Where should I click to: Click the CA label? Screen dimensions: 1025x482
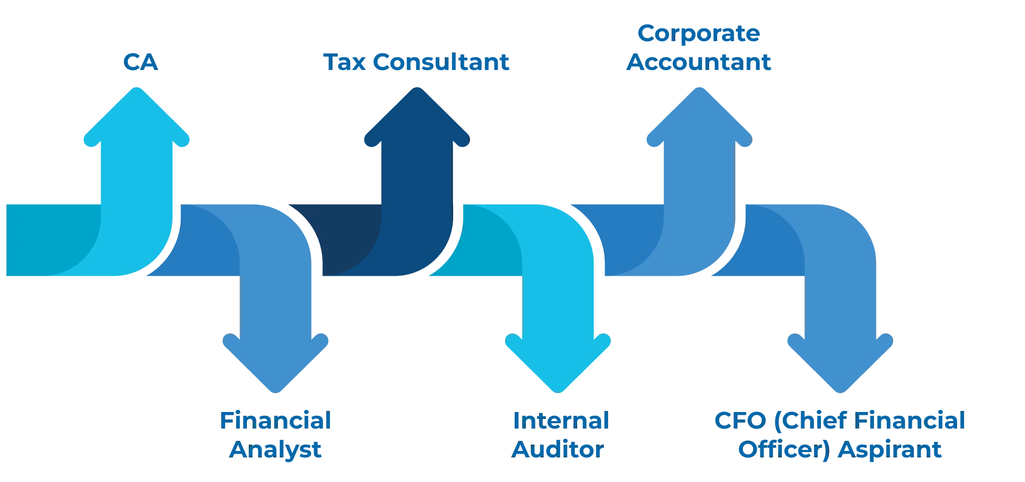coord(141,62)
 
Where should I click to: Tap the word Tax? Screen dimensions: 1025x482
coord(345,62)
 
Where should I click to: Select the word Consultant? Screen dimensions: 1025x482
coord(441,62)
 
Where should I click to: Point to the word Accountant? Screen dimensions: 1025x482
coord(698,62)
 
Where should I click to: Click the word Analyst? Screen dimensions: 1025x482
coord(275,450)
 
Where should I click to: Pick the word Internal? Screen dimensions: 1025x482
coord(561,421)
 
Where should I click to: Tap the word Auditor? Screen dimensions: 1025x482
coord(558,449)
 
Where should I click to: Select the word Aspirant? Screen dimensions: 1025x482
coord(889,450)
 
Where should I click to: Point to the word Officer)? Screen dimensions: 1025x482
coord(785,450)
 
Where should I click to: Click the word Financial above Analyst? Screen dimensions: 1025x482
coord(276,421)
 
